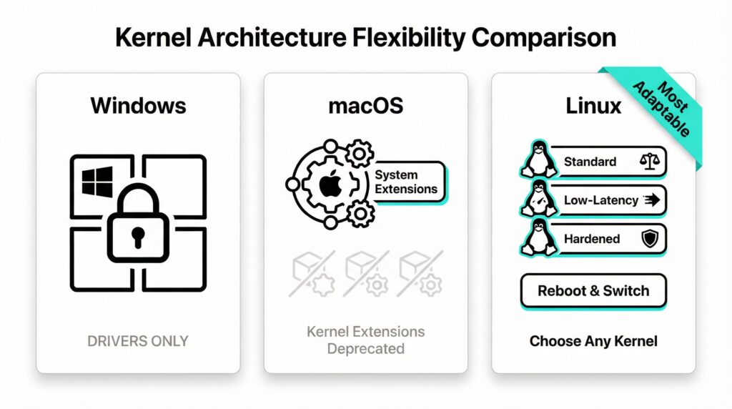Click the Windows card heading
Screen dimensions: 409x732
tap(138, 106)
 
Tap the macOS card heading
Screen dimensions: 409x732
tap(365, 106)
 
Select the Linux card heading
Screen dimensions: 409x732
tap(593, 106)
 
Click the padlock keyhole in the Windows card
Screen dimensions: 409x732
tap(138, 234)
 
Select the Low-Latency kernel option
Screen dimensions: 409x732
tap(600, 200)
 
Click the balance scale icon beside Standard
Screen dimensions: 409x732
tap(648, 162)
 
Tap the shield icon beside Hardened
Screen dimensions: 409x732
tap(649, 240)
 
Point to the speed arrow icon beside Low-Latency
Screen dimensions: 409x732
tap(651, 200)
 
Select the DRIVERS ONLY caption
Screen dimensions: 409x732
tap(138, 341)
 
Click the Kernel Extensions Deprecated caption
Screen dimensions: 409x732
tap(365, 340)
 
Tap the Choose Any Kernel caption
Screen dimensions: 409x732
tap(593, 341)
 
